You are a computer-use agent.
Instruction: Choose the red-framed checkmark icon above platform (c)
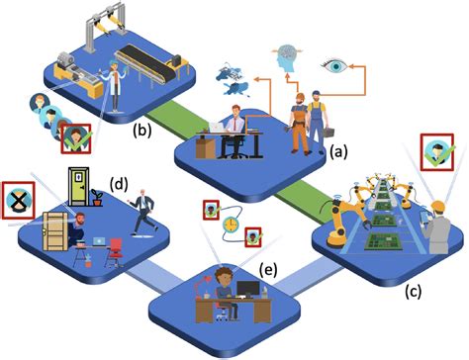(x=436, y=152)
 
